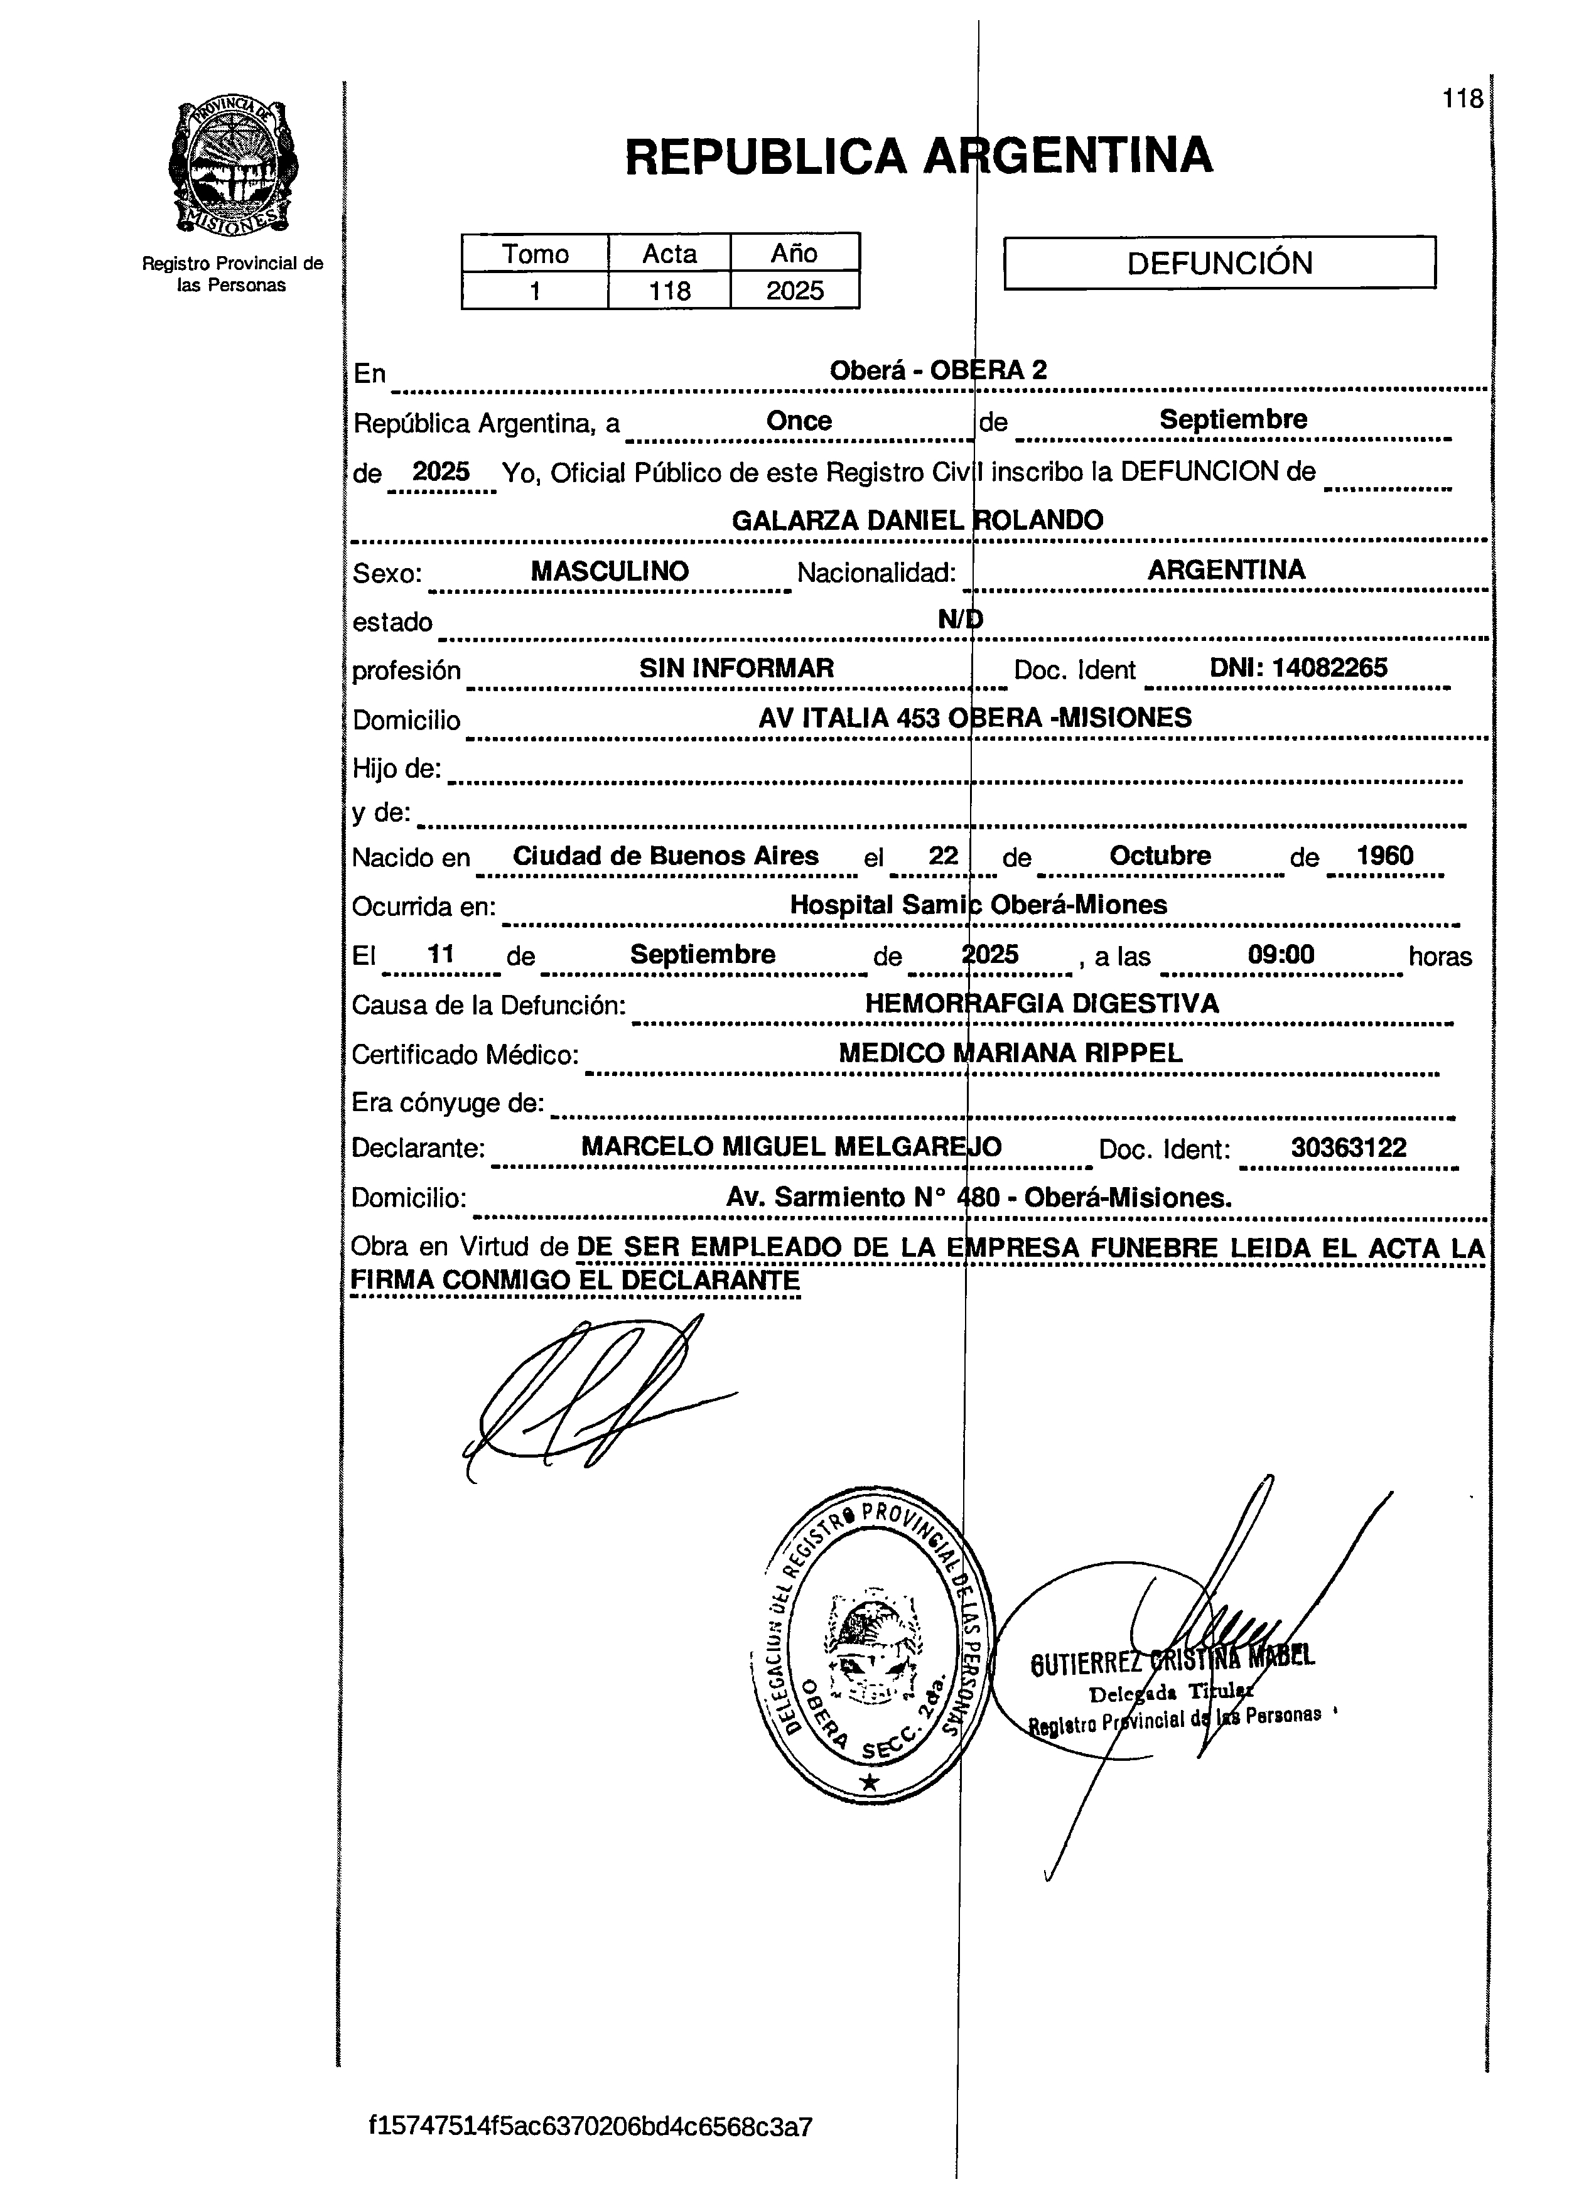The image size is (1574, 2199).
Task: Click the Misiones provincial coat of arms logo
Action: coord(234,167)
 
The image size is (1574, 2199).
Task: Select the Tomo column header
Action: coord(535,254)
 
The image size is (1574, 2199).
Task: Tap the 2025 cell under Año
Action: coord(795,291)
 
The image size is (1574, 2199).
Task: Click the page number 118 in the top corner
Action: coord(1462,99)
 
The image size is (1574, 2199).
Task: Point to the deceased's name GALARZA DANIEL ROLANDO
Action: coord(917,520)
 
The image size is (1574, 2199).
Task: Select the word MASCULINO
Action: coord(610,571)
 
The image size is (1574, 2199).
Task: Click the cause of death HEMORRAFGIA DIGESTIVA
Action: coord(1042,1003)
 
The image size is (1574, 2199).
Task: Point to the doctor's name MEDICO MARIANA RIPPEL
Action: coord(1010,1053)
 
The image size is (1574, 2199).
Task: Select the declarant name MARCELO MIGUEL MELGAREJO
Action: coord(791,1148)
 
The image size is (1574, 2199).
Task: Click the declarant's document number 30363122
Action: coord(1348,1148)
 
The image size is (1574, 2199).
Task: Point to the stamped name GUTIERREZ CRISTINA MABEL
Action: coord(1173,1659)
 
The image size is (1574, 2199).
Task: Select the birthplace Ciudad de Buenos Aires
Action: coord(666,856)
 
